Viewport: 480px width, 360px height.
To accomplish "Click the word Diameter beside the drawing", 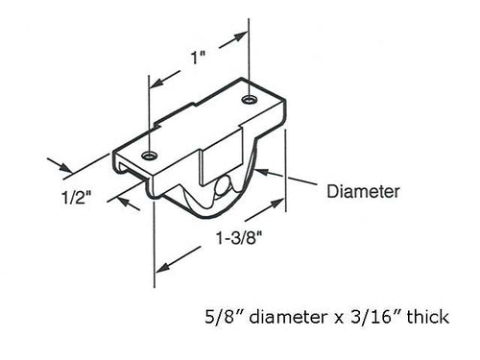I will (x=362, y=190).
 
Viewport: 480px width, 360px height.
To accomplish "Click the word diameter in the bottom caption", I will (x=280, y=315).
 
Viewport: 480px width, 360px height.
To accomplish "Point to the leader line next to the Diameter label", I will (x=302, y=180).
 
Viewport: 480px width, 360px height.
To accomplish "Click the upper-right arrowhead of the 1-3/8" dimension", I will (x=279, y=203).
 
